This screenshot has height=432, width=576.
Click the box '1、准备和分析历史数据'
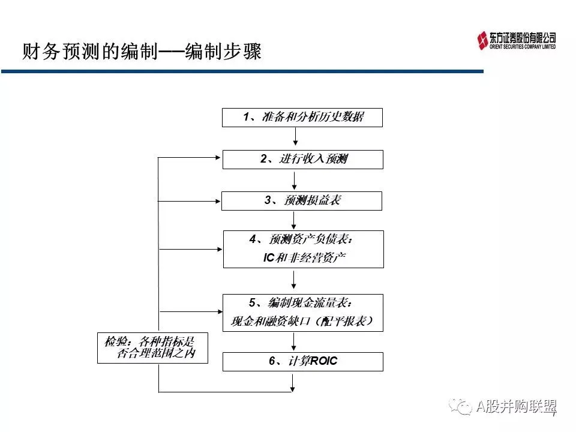302,118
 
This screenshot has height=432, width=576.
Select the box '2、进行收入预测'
302,160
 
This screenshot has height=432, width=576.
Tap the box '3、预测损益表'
302,201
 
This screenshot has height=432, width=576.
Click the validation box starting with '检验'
153,347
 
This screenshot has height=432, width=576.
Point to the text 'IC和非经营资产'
304,258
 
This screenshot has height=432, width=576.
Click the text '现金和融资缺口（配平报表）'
303,322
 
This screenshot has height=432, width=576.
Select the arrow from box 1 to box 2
295,138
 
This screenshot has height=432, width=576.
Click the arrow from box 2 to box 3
295,181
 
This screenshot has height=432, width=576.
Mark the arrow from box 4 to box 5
295,280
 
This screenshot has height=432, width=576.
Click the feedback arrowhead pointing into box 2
218,158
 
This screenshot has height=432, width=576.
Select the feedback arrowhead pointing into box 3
218,201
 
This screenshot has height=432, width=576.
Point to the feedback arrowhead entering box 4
219,248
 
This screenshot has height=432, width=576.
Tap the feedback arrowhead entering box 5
219,311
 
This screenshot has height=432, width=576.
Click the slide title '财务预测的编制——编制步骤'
142,52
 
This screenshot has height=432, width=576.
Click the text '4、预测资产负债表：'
302,240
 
